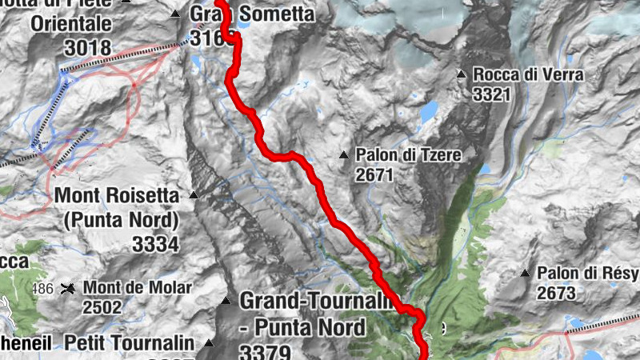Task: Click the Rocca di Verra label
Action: [528, 75]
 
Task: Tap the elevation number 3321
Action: [492, 95]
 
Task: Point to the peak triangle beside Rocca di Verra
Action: [461, 75]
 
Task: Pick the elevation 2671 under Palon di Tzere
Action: [375, 174]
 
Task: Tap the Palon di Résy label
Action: [588, 274]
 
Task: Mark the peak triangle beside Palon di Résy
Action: [525, 274]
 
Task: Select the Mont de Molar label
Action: [138, 288]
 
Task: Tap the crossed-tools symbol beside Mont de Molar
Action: [70, 288]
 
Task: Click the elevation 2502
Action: [103, 307]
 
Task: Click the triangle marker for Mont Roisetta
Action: [193, 194]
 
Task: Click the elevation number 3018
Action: [87, 46]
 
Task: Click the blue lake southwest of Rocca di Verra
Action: [430, 110]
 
